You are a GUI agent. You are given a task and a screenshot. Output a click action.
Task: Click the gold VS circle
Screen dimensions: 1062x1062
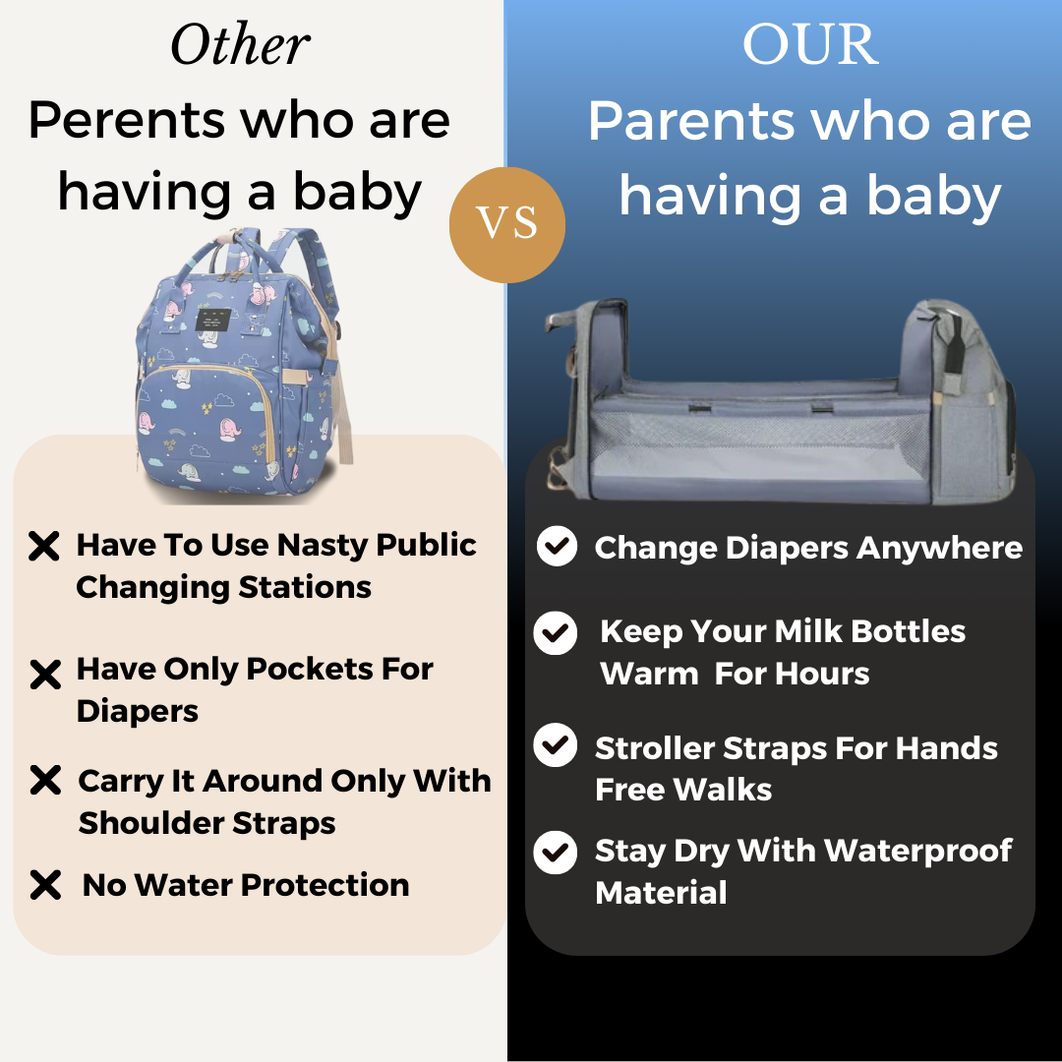(x=507, y=225)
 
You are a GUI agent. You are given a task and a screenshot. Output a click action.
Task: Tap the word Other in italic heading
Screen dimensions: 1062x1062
(x=241, y=44)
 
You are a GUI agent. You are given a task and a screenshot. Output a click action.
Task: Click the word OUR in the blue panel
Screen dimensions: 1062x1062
(x=810, y=44)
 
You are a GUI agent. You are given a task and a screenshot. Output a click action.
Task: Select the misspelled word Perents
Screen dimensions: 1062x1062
(x=127, y=121)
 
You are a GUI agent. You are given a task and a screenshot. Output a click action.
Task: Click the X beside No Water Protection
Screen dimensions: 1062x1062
(x=45, y=885)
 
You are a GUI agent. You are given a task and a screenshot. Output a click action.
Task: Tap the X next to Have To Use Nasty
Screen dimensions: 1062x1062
(x=44, y=546)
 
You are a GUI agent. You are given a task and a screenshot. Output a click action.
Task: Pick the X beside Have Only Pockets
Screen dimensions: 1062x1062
(x=45, y=674)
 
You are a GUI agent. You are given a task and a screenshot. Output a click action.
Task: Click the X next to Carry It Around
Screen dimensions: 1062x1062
(x=45, y=780)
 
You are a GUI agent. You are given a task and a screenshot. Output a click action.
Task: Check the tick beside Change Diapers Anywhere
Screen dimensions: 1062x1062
(x=557, y=546)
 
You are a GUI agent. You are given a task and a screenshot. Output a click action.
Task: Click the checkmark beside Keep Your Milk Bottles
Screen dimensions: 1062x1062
(x=556, y=632)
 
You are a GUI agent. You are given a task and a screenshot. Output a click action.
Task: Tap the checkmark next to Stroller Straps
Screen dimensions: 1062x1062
(x=556, y=745)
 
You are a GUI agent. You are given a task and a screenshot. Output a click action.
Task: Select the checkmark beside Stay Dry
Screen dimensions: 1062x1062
(x=556, y=852)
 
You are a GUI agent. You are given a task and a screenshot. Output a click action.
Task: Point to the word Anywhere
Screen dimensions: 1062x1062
(x=939, y=549)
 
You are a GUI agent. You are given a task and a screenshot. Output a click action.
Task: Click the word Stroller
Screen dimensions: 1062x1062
(x=655, y=748)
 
